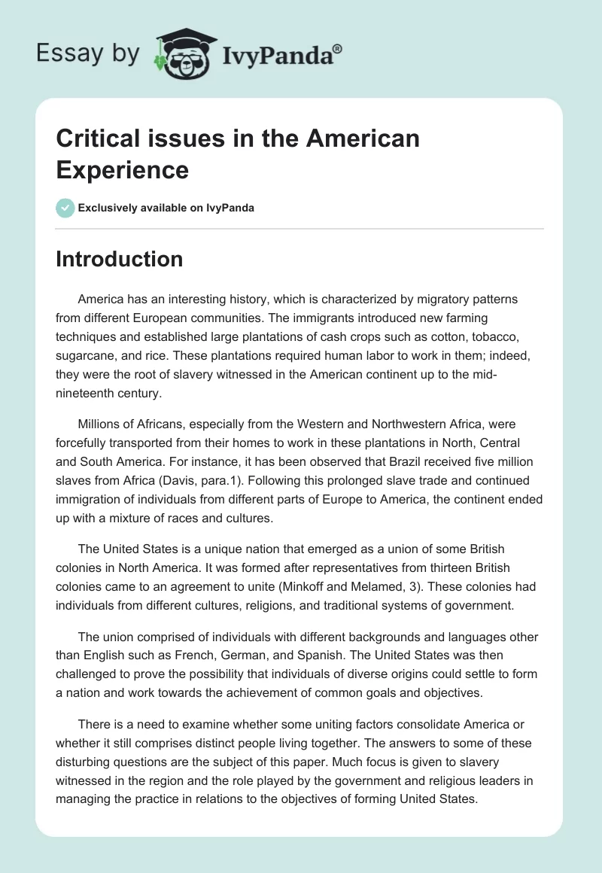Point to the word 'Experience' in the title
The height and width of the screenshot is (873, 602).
tap(122, 170)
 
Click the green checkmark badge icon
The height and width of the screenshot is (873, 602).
tap(65, 208)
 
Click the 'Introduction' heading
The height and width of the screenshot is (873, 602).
tap(119, 259)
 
